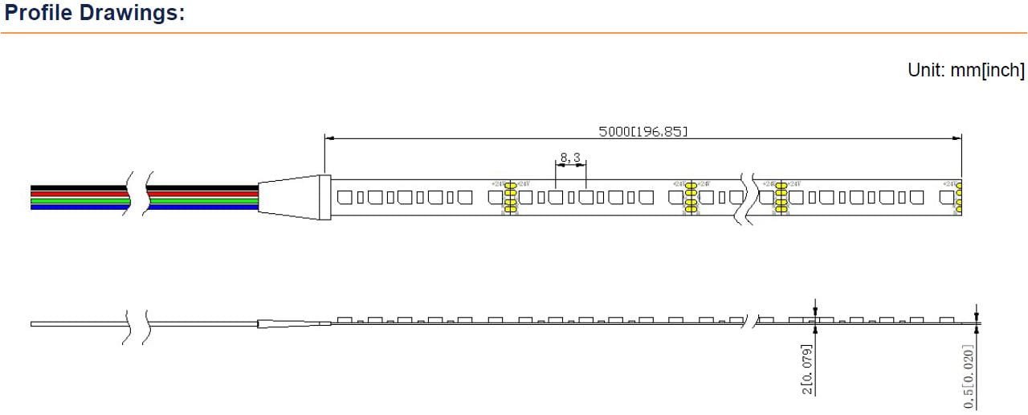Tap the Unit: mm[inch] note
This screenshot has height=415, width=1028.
point(966,71)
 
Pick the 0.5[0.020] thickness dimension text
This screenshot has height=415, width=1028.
point(969,376)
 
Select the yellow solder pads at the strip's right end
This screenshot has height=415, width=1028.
point(957,196)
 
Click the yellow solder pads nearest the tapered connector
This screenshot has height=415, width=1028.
point(509,198)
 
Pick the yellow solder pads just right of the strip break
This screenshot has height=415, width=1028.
point(778,198)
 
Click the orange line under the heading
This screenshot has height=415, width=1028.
point(514,33)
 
